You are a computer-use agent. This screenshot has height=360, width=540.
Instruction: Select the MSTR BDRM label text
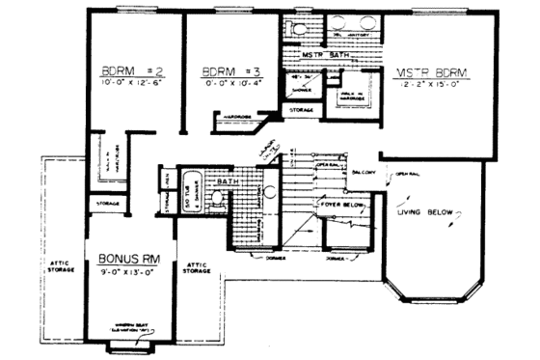coord(430,73)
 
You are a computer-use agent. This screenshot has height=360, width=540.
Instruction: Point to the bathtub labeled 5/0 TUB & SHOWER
coord(190,189)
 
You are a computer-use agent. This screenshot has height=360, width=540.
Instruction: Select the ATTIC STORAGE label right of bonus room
coord(197,267)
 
